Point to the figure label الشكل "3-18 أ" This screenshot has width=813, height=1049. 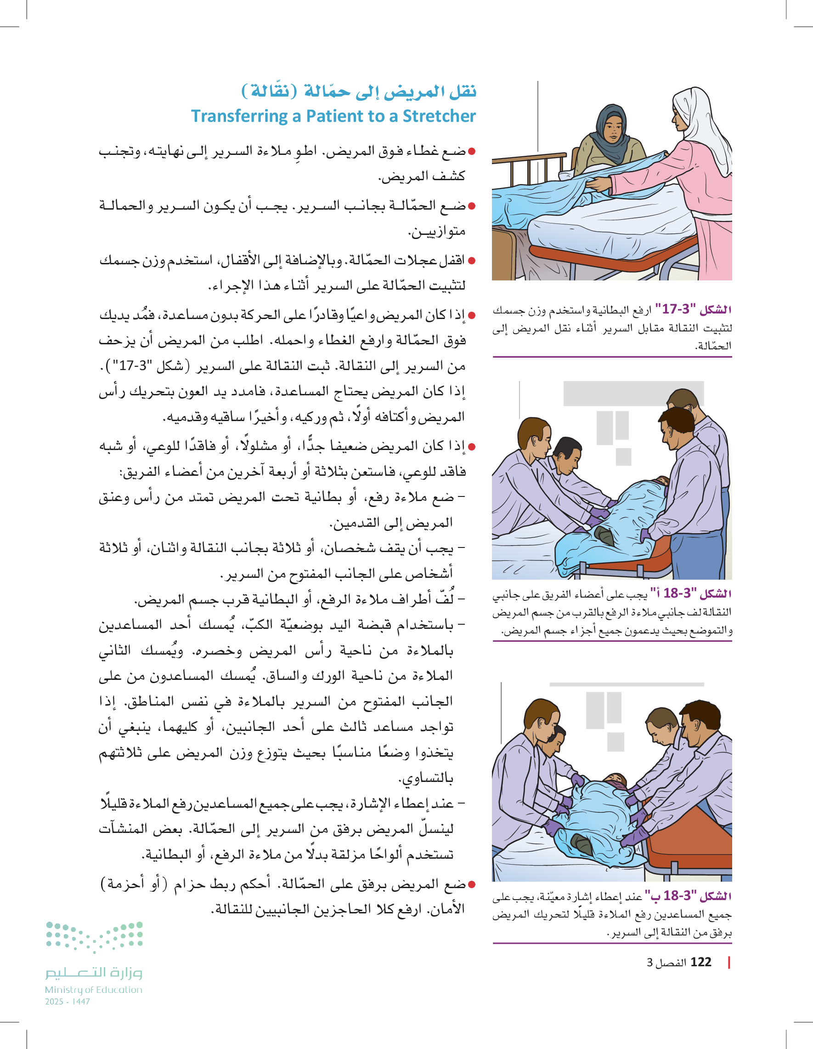tap(691, 593)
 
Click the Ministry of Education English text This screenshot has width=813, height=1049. tap(94, 990)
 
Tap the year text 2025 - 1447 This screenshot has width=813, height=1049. tap(67, 1002)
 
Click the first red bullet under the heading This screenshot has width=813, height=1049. tap(471, 152)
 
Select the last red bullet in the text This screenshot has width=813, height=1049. tap(471, 884)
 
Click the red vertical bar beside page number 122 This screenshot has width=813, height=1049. tap(729, 962)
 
